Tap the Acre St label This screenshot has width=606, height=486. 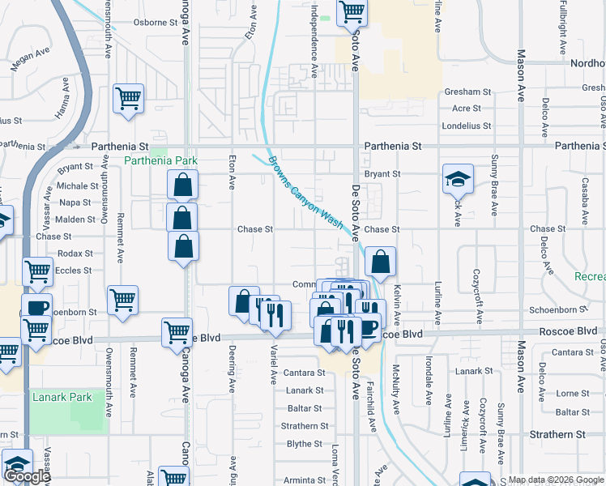coord(466,109)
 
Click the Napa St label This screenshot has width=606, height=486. coord(75,202)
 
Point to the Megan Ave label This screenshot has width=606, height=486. coord(27,62)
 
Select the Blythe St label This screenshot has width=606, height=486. coord(305,444)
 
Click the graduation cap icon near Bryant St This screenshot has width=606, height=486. coord(458,178)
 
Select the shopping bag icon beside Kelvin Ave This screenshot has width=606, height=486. coord(380,261)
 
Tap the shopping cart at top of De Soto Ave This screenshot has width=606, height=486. coord(352,12)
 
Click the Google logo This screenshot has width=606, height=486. coord(27,476)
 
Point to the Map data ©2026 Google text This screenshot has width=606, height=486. coord(556,480)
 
